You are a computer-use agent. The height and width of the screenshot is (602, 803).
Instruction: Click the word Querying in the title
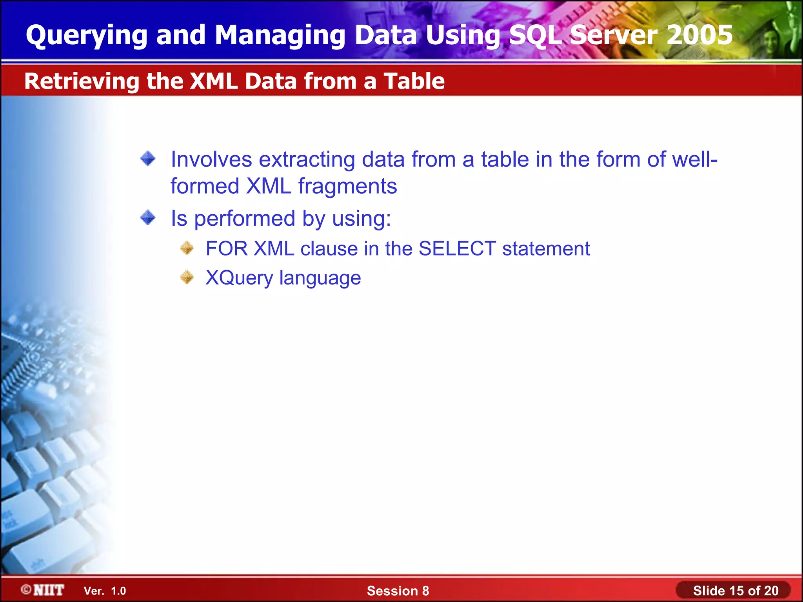[x=86, y=35]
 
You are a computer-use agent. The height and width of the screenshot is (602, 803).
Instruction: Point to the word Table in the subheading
[x=414, y=81]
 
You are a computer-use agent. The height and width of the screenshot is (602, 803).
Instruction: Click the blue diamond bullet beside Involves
[x=148, y=159]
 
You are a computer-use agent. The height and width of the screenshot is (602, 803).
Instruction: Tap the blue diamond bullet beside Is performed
[x=148, y=218]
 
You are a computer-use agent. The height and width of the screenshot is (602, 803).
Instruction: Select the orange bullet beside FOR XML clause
[x=187, y=248]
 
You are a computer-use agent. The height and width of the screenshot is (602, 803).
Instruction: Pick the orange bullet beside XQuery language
[x=187, y=277]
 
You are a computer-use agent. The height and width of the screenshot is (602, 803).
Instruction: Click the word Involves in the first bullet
[x=211, y=160]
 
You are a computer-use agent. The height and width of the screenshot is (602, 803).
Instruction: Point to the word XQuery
[x=239, y=278]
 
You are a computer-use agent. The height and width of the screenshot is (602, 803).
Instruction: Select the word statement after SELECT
[x=546, y=248]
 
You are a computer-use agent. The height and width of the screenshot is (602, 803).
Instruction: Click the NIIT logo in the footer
[x=43, y=590]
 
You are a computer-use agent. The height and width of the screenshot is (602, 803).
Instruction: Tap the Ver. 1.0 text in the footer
[x=105, y=591]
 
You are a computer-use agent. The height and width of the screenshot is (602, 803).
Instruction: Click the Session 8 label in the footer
[x=398, y=591]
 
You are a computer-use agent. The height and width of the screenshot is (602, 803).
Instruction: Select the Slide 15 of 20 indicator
[x=735, y=591]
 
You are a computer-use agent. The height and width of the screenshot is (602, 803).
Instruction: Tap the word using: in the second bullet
[x=361, y=219]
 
